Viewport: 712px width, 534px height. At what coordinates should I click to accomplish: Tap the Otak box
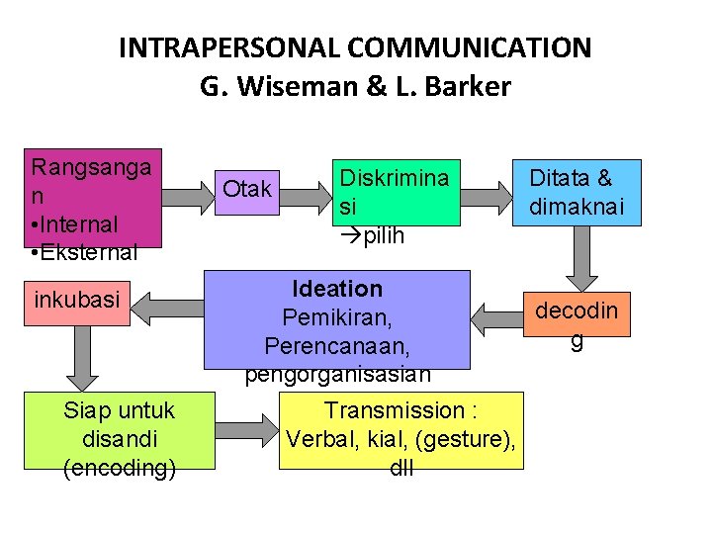246,188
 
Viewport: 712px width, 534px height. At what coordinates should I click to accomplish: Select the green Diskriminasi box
396,194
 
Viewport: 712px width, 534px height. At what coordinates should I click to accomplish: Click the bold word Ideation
337,289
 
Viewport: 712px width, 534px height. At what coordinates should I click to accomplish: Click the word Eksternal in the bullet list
89,252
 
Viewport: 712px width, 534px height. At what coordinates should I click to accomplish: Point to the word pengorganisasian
337,374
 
